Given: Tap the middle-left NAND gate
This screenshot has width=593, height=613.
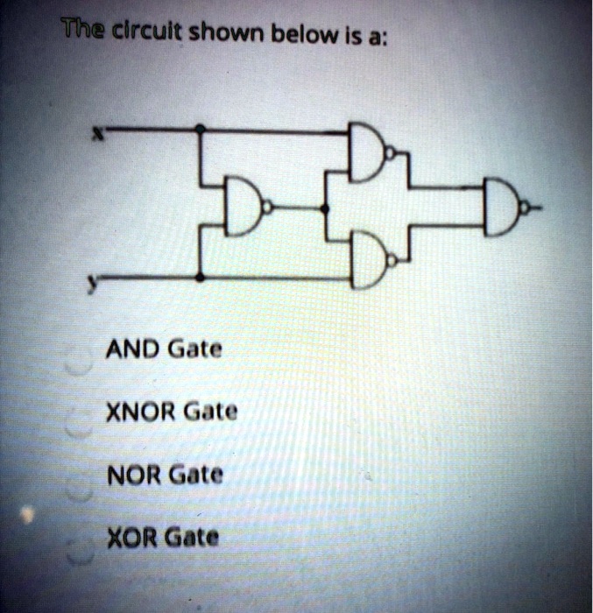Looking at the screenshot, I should click(243, 206).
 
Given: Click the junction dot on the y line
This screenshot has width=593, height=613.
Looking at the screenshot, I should click(201, 278).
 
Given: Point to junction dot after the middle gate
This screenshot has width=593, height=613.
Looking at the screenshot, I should click(327, 208).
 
